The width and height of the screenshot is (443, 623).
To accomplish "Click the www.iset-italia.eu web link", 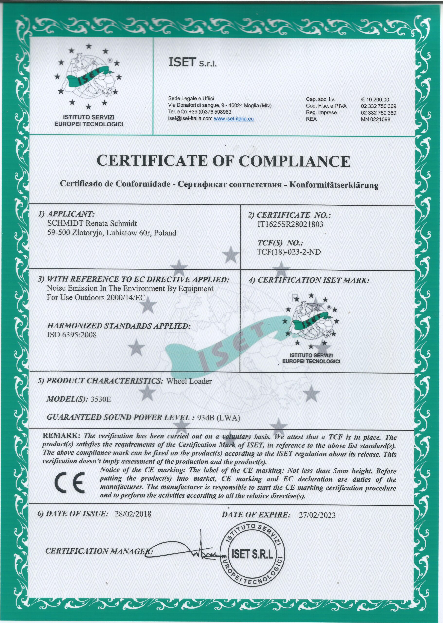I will (234, 119).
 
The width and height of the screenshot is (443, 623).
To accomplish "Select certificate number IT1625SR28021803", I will (290, 224).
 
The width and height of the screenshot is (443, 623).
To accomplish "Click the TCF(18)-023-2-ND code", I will (289, 252).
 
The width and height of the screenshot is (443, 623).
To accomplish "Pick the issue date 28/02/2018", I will (133, 514).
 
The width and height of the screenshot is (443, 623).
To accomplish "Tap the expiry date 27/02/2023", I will (317, 515).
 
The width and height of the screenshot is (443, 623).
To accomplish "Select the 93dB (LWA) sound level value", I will (218, 418).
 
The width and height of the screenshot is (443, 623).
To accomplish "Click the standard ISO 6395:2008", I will (72, 335).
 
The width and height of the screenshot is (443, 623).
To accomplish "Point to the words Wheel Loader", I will (189, 381).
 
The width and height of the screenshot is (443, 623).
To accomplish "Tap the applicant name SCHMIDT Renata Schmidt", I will (92, 223).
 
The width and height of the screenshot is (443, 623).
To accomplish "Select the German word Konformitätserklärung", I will (334, 185).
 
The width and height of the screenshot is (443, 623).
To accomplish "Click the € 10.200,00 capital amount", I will (375, 100).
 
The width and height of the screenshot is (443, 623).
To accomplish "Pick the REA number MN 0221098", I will (376, 119).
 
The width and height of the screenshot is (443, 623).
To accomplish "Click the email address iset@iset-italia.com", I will (190, 119).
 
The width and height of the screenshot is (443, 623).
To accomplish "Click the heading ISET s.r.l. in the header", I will (193, 63).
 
